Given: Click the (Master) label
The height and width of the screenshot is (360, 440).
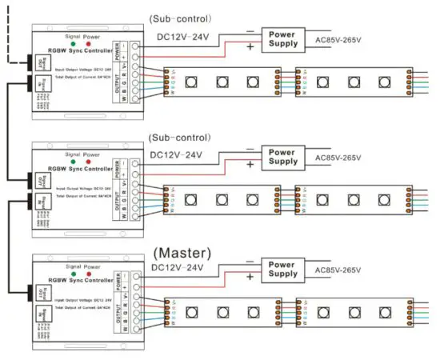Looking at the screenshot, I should tap(190, 253).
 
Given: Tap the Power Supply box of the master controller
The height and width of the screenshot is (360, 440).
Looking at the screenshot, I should tap(282, 270).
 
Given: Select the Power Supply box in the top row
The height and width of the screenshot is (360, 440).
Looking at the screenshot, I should tap(282, 39).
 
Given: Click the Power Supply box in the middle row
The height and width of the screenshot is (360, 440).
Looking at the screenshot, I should tap(282, 157).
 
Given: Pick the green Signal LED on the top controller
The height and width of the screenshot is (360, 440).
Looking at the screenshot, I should tap(73, 46).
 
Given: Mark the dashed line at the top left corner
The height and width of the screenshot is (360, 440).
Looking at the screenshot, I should tap(8, 32).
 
